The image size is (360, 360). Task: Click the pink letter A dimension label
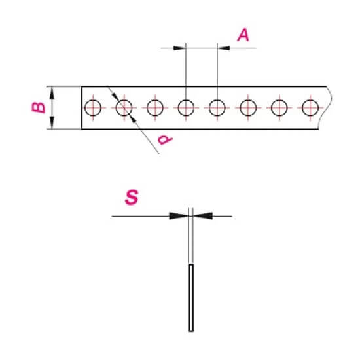point(243,35)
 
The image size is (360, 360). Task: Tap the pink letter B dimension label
point(39,107)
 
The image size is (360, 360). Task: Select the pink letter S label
point(132,197)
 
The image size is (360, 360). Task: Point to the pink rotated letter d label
point(166,139)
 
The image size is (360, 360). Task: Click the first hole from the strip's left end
point(85,108)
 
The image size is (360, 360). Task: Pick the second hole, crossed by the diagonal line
point(116,108)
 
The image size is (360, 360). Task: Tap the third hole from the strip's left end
point(147,108)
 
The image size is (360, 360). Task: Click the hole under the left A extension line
point(178,108)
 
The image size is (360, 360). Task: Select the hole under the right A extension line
point(209,108)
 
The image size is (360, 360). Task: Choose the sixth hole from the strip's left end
point(240,108)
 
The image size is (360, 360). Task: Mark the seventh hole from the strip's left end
point(271,108)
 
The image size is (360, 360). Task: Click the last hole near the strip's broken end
point(302,108)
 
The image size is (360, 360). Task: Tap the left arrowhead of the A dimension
point(179,48)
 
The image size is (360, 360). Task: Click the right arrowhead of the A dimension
point(224,48)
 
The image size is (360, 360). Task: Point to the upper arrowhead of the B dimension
point(52,93)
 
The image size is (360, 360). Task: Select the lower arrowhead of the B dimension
point(52,123)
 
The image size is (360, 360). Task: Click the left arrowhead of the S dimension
point(179,216)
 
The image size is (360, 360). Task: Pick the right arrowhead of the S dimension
point(203,216)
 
